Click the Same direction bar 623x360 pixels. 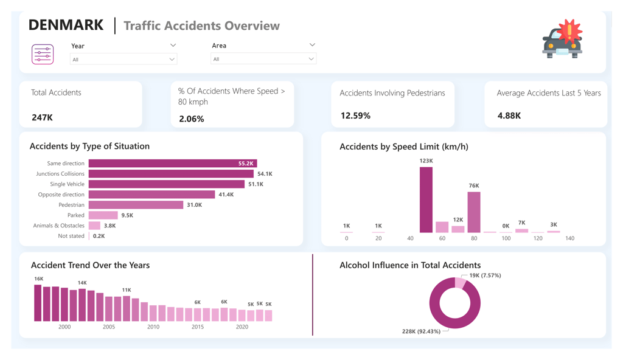(172, 164)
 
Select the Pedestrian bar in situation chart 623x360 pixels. (136, 205)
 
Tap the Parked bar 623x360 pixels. (103, 215)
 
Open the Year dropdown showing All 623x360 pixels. (123, 60)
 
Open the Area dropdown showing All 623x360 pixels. (263, 59)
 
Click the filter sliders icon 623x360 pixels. (43, 54)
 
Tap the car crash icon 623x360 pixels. (562, 40)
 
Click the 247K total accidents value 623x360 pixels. (42, 117)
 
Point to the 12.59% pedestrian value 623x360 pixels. (355, 116)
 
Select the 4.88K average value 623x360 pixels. (509, 116)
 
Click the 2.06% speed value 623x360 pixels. (191, 119)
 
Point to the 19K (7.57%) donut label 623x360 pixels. (485, 275)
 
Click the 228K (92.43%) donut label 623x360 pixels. (421, 331)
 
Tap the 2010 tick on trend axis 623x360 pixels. (153, 327)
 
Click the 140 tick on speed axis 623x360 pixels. (569, 238)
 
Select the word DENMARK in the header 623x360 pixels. (66, 25)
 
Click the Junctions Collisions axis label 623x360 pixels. (60, 174)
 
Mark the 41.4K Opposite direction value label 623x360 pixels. (226, 195)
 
